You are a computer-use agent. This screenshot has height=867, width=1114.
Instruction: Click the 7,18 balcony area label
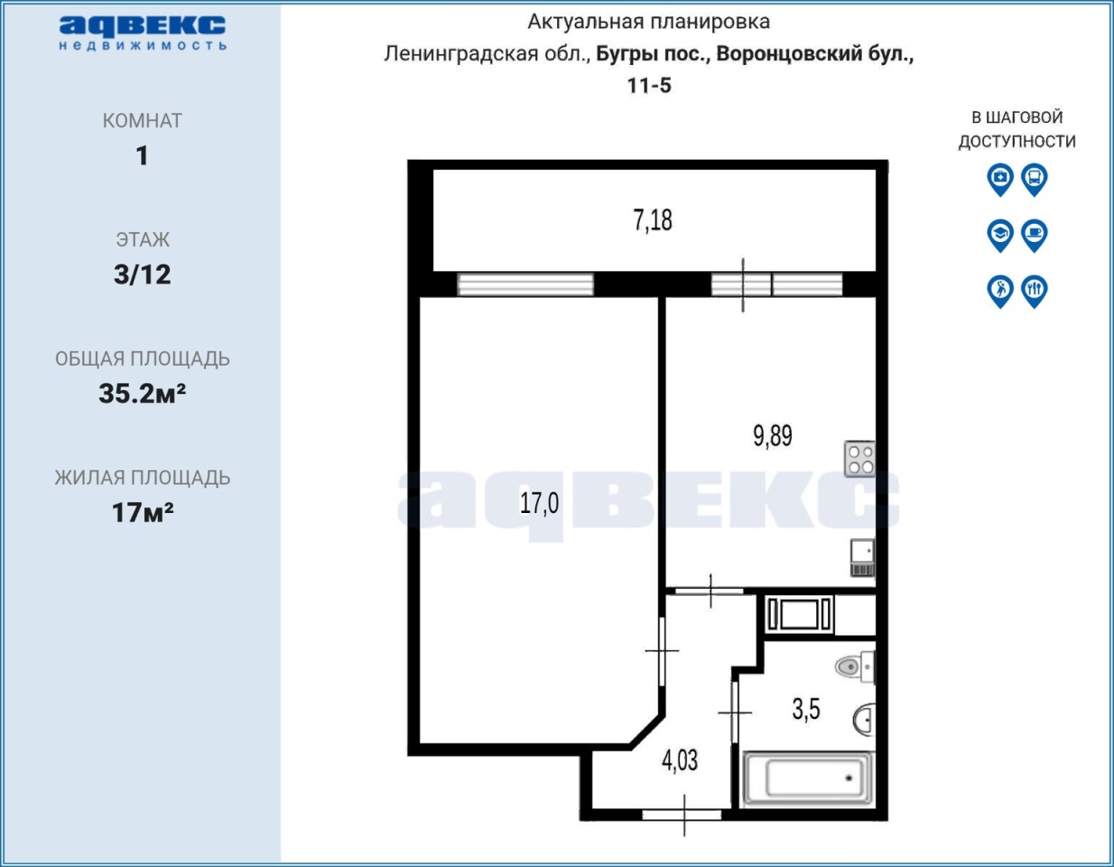pyautogui.click(x=652, y=220)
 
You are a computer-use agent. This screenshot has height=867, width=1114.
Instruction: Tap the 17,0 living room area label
pyautogui.click(x=539, y=502)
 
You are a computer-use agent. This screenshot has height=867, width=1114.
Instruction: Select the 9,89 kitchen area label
pyautogui.click(x=773, y=436)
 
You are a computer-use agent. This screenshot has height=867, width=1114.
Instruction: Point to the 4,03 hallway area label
pyautogui.click(x=679, y=760)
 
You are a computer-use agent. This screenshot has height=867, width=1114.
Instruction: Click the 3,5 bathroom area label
pyautogui.click(x=806, y=709)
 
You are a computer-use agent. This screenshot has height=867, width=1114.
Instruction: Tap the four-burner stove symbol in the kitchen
pyautogui.click(x=859, y=459)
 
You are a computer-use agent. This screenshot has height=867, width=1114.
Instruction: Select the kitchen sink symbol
pyautogui.click(x=863, y=557)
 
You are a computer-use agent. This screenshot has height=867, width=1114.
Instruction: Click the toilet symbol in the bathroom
pyautogui.click(x=855, y=667)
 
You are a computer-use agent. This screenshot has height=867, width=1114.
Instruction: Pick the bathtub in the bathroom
pyautogui.click(x=808, y=778)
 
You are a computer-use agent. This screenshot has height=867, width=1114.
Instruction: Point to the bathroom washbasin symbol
pyautogui.click(x=864, y=720)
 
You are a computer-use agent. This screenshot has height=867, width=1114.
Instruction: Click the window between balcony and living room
pyautogui.click(x=525, y=284)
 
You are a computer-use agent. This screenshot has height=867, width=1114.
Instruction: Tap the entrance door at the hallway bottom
pyautogui.click(x=682, y=815)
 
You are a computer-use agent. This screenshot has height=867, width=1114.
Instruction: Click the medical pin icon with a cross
pyautogui.click(x=999, y=180)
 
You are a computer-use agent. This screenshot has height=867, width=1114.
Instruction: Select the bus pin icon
pyautogui.click(x=1034, y=180)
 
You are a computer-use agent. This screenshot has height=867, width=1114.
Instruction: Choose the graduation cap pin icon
pyautogui.click(x=999, y=236)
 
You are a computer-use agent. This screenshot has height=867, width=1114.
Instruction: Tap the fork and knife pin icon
pyautogui.click(x=1034, y=291)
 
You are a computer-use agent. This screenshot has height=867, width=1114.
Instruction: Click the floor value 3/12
pyautogui.click(x=142, y=275)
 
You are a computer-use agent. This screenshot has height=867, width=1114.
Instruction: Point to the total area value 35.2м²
pyautogui.click(x=142, y=394)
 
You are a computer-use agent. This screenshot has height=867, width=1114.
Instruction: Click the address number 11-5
pyautogui.click(x=649, y=85)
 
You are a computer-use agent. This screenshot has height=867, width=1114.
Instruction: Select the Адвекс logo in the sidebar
pyautogui.click(x=143, y=33)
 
